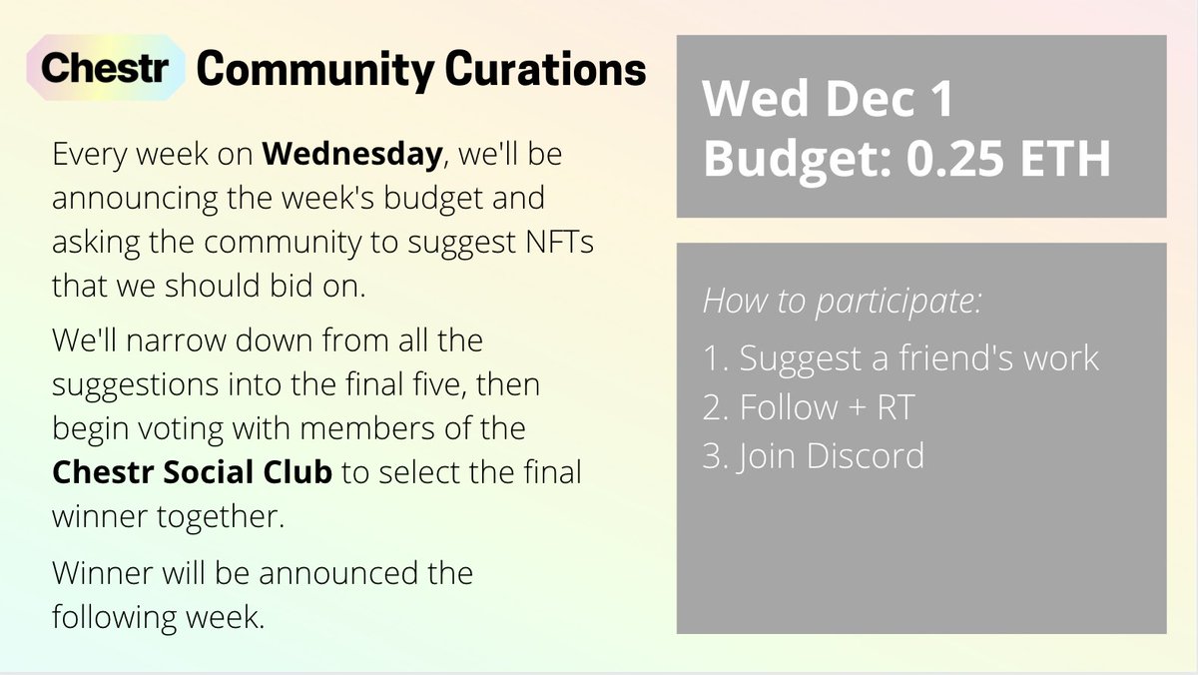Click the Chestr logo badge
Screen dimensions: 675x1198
tap(109, 69)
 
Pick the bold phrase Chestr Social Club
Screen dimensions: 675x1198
tap(192, 472)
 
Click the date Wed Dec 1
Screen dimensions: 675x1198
tap(828, 102)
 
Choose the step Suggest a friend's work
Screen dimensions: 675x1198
tap(900, 358)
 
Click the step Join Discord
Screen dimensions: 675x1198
tap(814, 456)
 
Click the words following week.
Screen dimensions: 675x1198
tap(159, 617)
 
